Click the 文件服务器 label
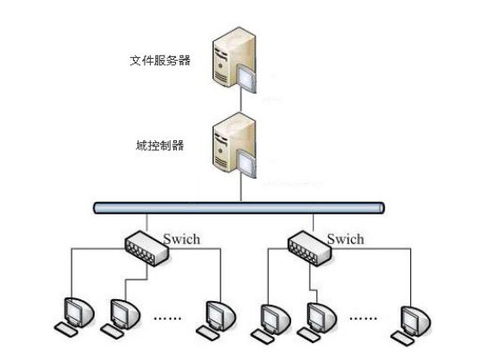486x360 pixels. (160, 61)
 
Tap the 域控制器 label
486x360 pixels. (160, 146)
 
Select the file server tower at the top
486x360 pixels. (234, 60)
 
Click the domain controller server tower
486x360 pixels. (234, 146)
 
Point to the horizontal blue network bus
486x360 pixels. (239, 208)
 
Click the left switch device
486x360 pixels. (147, 248)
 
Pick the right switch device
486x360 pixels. (310, 248)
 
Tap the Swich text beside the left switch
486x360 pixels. (181, 239)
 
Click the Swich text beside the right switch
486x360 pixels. (345, 239)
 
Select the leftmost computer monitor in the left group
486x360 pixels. (79, 313)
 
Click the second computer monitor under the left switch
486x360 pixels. (125, 314)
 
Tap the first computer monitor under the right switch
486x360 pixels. (275, 319)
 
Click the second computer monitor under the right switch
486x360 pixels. (322, 317)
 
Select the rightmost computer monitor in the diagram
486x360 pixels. (415, 321)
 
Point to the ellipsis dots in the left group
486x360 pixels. (168, 318)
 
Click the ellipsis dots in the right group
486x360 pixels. (363, 318)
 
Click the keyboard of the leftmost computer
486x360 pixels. (66, 330)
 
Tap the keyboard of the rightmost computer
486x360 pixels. (403, 339)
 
